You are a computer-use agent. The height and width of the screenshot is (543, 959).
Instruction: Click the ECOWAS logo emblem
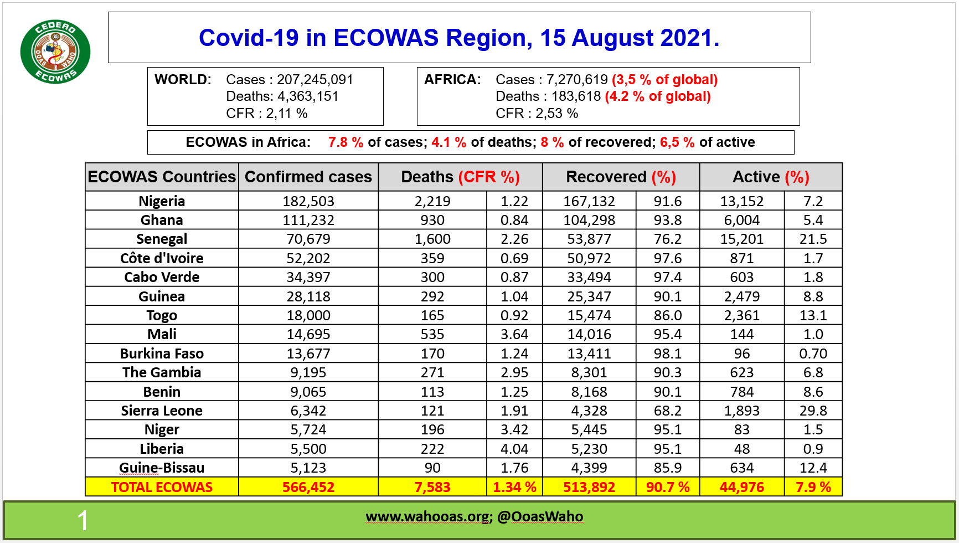[55, 52]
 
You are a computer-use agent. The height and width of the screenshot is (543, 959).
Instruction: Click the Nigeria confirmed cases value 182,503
[308, 201]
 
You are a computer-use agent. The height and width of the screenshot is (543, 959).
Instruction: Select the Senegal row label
[162, 239]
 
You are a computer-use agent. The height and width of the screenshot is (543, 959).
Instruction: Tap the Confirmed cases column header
[308, 177]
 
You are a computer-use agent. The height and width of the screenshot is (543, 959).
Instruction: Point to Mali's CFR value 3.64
[514, 334]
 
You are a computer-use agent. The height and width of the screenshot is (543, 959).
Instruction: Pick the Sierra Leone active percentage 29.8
[813, 411]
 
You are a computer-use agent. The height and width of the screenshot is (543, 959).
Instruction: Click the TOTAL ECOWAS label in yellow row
[162, 487]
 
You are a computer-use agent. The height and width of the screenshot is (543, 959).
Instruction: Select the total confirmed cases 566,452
[308, 487]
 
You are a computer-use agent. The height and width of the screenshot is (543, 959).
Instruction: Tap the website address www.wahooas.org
[427, 516]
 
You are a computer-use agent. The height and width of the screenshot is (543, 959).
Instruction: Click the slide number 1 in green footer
[83, 521]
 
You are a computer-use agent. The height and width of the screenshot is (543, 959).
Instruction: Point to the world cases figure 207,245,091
[315, 80]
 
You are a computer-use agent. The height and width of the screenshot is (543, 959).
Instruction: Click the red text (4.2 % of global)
[658, 96]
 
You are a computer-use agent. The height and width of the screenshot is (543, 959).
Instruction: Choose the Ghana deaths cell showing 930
[432, 220]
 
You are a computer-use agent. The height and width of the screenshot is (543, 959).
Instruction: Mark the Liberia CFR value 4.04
[514, 449]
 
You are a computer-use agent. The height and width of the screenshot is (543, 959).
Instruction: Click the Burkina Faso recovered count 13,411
[589, 354]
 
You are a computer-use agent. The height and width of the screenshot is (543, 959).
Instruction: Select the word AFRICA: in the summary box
[452, 80]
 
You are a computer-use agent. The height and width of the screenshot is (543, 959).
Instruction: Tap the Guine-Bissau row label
[162, 468]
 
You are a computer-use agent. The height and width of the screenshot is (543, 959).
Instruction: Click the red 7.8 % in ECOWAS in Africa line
[346, 142]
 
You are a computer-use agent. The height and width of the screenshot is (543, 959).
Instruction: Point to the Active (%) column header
[771, 177]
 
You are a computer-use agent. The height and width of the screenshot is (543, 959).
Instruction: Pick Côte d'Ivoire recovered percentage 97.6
[668, 258]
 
